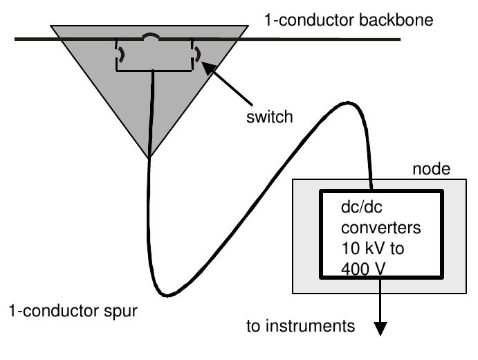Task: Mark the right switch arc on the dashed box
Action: click(197, 54)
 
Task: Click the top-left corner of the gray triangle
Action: click(51, 26)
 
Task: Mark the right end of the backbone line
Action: click(400, 39)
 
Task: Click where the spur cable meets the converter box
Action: click(372, 189)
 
